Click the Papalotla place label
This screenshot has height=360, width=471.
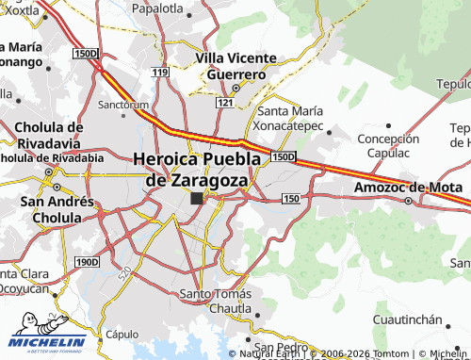pos(156,8)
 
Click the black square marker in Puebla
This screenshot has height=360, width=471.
pos(196,199)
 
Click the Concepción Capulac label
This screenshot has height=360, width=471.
pos(388,145)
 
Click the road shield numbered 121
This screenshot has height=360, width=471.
pos(223,101)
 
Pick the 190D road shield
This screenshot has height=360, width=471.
pos(87,261)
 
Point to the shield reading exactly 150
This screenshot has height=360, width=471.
pos(290,198)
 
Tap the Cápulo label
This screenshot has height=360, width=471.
pos(122,335)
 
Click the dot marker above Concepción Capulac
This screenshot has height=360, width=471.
pos(388,124)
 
